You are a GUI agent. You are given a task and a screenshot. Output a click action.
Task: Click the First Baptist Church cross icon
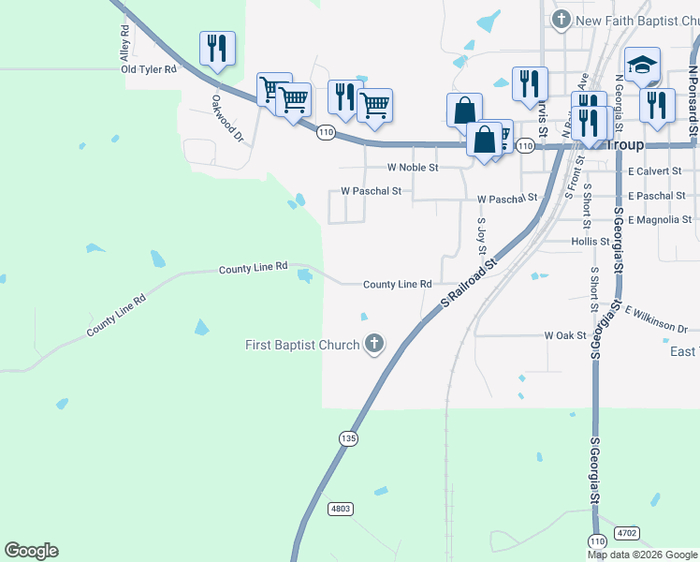tap(374, 344)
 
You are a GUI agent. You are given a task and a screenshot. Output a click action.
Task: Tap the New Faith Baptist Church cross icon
tap(561, 19)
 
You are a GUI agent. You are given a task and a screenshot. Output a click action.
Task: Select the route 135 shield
tap(348, 437)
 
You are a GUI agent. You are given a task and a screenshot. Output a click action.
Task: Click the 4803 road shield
tap(340, 509)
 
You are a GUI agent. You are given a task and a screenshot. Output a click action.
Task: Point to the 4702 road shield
tap(627, 532)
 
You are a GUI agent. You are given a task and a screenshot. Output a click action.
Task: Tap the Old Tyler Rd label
tap(149, 69)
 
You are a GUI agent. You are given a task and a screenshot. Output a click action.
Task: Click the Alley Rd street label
tap(124, 43)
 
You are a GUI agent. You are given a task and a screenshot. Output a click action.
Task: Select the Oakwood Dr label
tap(227, 117)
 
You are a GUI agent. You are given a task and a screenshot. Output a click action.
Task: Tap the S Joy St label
tap(482, 236)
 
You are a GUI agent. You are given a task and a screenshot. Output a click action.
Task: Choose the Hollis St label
tap(590, 242)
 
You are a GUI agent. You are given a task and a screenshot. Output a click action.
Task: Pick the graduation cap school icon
tap(643, 65)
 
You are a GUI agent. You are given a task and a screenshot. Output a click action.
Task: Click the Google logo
tap(31, 551)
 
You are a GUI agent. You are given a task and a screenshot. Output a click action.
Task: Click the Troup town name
tap(626, 145)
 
